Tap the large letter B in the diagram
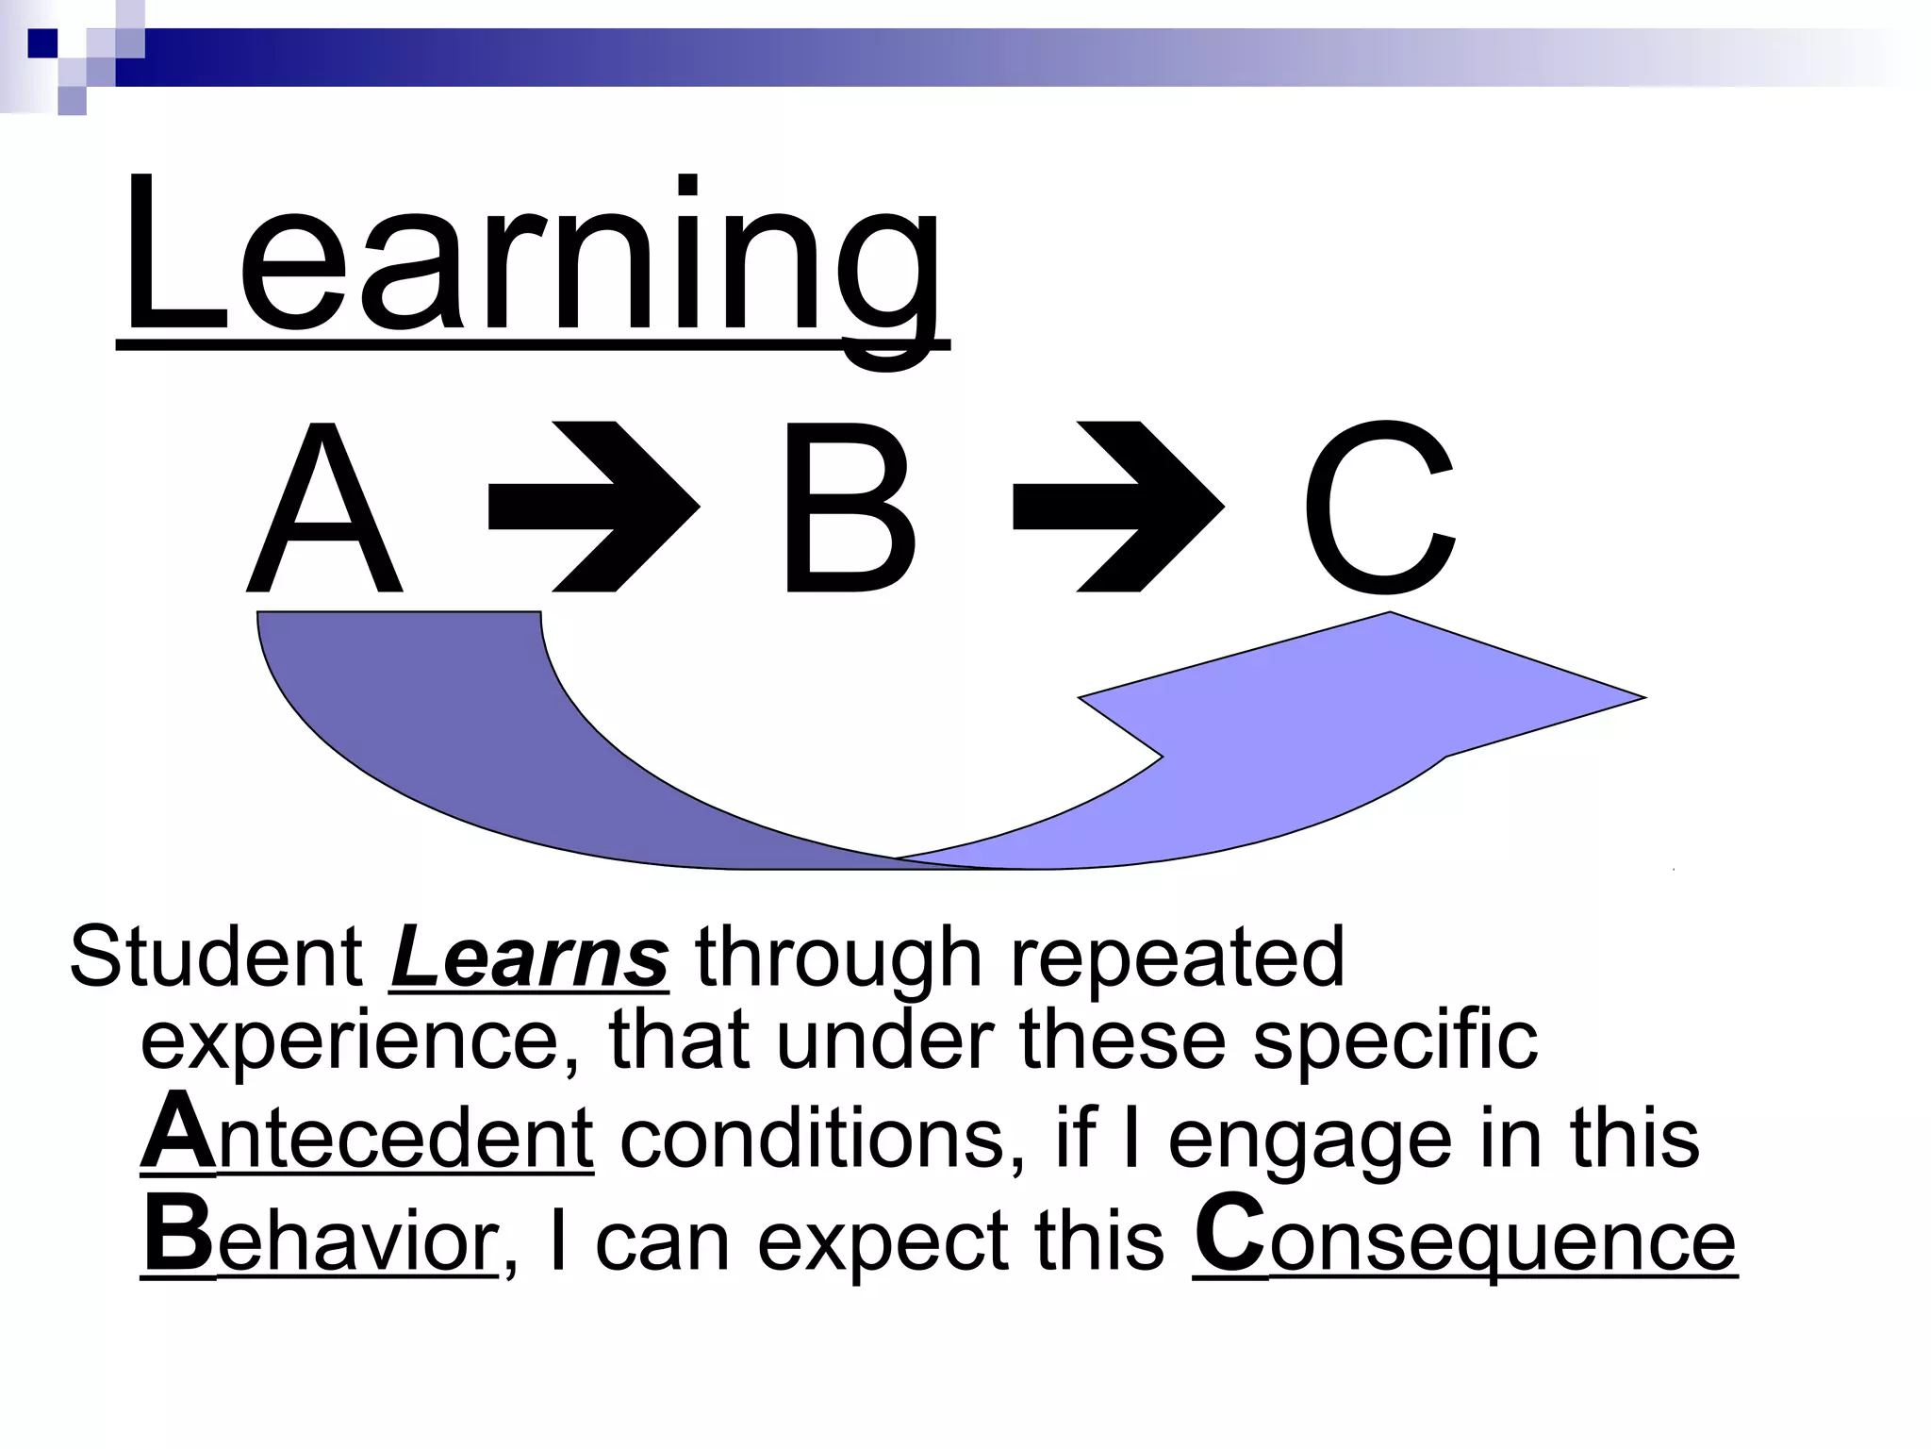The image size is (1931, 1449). coord(847,509)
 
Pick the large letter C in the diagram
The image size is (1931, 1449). coord(1378,509)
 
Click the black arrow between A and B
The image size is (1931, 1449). coord(594,507)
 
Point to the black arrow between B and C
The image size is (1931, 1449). coord(1119,507)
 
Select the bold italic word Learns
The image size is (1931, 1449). coord(529,958)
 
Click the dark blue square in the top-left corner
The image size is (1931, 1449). coord(42,43)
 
